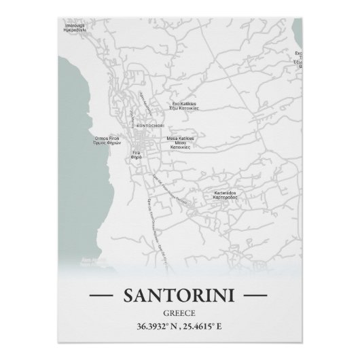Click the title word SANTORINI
coord(179,295)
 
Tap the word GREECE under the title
coord(179,312)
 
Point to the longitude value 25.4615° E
coord(210,327)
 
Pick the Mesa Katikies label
coord(180,138)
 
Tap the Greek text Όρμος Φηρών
coord(107,145)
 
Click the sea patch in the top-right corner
coord(297,27)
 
